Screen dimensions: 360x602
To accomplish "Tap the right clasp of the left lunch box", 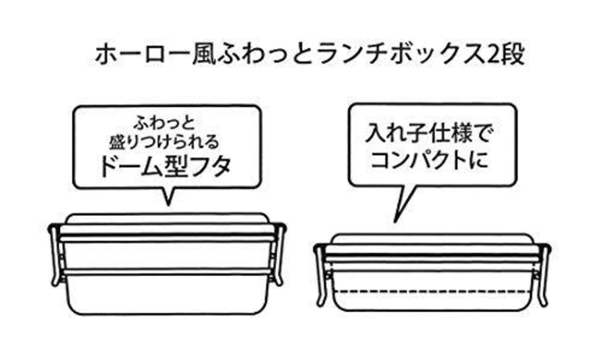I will (x=280, y=254).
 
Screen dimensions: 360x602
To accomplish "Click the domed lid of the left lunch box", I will (x=167, y=218).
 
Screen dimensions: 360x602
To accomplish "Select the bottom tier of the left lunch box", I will (x=167, y=294).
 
